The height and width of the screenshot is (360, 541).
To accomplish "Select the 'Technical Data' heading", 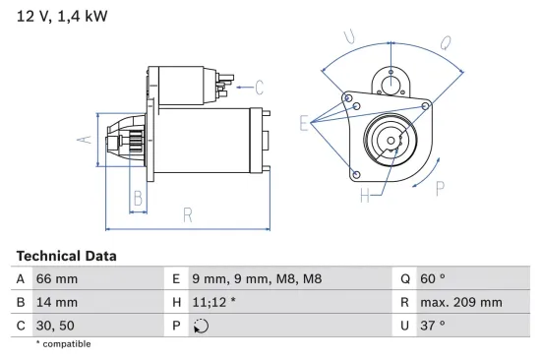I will [x=66, y=256].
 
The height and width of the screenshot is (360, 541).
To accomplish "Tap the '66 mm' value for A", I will [x=57, y=278].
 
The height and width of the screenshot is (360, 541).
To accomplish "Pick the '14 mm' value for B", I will [x=57, y=302].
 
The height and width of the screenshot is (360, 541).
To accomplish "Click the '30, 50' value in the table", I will [x=55, y=326].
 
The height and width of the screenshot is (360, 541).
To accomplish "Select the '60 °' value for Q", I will [x=433, y=278].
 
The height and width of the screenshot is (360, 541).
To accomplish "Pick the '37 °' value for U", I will [x=433, y=326].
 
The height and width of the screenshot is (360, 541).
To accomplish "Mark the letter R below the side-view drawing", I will [x=187, y=215].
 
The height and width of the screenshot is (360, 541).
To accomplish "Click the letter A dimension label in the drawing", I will [x=84, y=139].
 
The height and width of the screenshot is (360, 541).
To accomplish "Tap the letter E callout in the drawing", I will [x=305, y=123].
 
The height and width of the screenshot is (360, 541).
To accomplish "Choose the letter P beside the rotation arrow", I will [x=441, y=189].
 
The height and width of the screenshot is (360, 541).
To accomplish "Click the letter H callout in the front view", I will [x=365, y=196].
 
